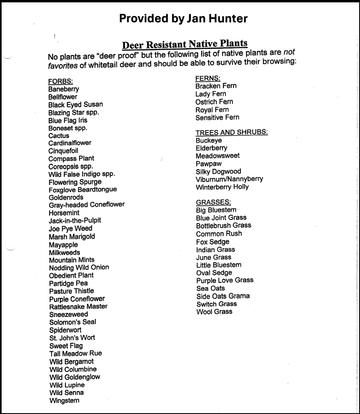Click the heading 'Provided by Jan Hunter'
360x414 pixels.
click(183, 19)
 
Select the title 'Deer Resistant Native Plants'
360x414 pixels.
click(185, 44)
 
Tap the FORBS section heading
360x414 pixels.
click(60, 81)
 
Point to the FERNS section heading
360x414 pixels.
click(208, 78)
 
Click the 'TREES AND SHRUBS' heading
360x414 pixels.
click(232, 133)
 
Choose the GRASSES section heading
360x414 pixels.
click(213, 202)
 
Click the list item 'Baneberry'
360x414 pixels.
click(63, 89)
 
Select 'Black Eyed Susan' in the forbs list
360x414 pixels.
click(76, 105)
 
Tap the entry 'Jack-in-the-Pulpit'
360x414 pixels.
click(75, 221)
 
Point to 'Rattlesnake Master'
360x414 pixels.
click(78, 306)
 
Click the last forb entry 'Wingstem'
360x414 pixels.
click(64, 401)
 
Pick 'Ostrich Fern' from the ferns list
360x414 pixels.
click(214, 102)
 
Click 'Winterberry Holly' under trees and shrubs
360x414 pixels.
click(222, 187)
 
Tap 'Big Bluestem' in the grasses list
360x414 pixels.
click(216, 210)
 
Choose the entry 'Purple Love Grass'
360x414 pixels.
click(225, 280)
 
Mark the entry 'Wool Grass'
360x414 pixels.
click(214, 312)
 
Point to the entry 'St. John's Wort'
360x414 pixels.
click(72, 338)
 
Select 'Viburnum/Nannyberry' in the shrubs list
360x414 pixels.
click(229, 179)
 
